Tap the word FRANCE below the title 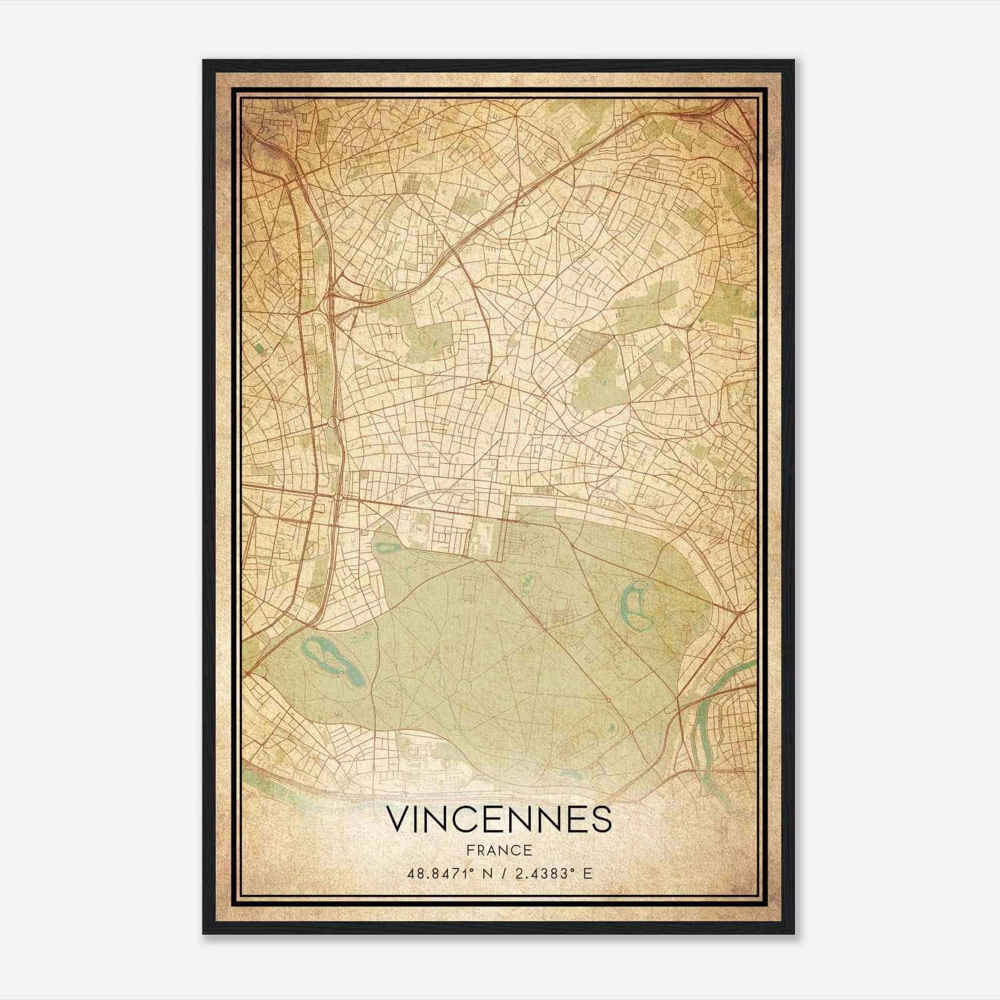(498, 850)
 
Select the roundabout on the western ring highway (331, 424)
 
